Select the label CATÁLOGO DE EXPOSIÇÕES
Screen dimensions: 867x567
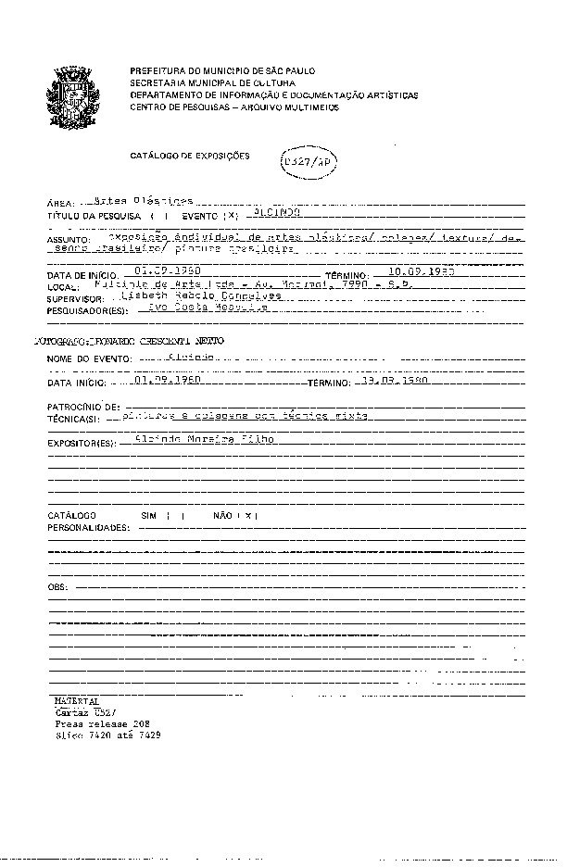[x=189, y=157]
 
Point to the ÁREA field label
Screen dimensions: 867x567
[x=60, y=203]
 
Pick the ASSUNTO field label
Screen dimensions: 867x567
[x=67, y=240]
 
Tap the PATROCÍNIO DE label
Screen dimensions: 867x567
[x=83, y=407]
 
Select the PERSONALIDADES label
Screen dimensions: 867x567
[x=89, y=527]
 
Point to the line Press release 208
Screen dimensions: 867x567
[x=102, y=722]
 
